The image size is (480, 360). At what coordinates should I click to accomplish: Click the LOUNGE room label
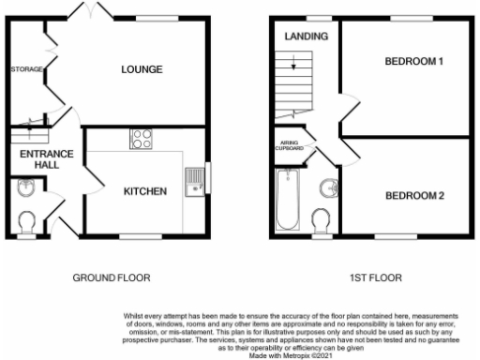142,69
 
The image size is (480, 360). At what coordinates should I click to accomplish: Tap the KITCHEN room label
145,191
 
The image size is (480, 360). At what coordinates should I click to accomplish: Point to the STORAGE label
27,69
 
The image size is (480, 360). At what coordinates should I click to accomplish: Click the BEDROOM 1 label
413,62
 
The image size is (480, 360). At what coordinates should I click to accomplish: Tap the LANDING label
307,37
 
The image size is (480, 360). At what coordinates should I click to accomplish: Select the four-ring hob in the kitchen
142,139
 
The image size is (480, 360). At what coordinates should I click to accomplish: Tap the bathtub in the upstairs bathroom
287,200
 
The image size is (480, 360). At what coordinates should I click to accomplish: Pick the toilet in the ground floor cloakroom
27,221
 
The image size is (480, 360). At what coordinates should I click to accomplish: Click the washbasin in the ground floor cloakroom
26,190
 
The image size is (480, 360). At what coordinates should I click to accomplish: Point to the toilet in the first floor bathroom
321,220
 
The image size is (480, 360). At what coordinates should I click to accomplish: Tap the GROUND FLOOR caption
112,278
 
